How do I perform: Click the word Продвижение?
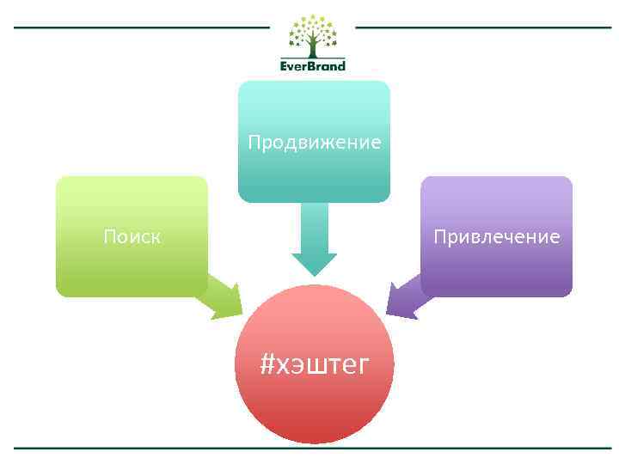[x=314, y=142]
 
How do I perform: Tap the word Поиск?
[x=132, y=236]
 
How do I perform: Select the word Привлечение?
[x=496, y=236]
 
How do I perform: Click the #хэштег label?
[x=315, y=364]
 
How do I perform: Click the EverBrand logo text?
[x=313, y=65]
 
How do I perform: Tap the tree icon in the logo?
[x=313, y=36]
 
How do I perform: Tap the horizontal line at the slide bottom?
[x=313, y=448]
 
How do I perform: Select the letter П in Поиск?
[x=110, y=236]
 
